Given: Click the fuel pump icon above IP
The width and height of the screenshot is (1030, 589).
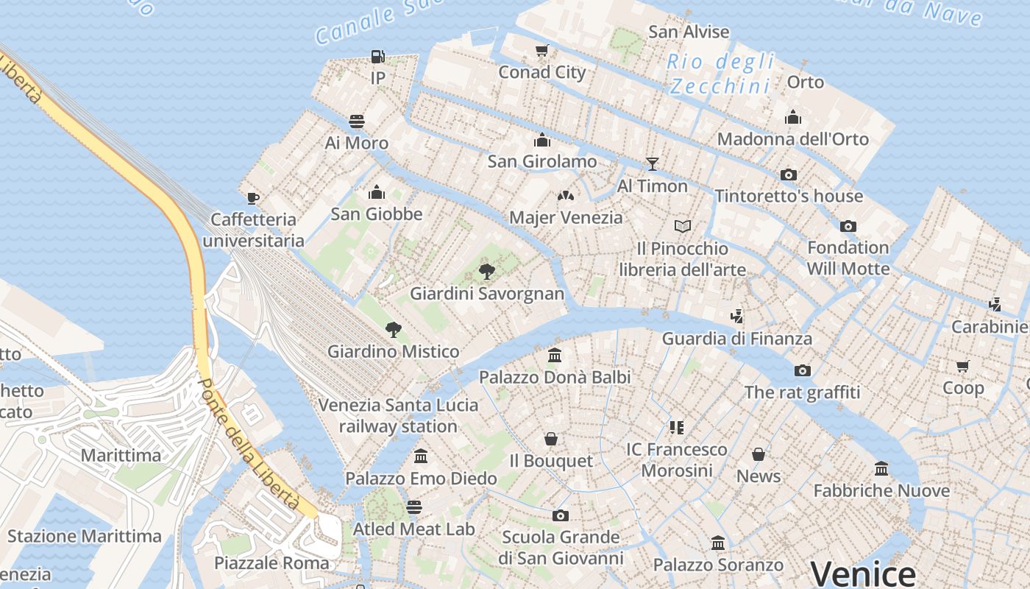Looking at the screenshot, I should pos(377,57).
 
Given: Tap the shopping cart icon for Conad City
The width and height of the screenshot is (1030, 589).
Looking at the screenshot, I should pos(542,51).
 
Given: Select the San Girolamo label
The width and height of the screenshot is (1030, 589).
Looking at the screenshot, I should pos(542,161).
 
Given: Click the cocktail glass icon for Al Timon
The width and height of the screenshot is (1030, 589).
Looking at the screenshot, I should pos(652,164).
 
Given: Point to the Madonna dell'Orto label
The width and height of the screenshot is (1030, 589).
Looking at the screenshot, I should pos(792,139).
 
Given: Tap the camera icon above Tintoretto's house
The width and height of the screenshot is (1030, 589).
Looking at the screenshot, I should pos(789,174).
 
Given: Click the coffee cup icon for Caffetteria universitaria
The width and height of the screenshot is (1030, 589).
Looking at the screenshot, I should pos(253,198).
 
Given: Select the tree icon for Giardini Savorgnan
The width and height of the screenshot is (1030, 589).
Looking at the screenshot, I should pos(486,272).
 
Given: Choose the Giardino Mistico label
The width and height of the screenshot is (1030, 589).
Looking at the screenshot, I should pos(393,351).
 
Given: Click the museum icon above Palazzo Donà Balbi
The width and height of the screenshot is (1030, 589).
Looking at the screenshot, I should pos(555,356).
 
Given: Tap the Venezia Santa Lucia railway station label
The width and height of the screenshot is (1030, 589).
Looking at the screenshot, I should pos(398,415).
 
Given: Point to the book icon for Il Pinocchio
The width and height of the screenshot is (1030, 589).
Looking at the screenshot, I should pos(683,227).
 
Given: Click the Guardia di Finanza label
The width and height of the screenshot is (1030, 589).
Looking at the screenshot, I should pos(737,339).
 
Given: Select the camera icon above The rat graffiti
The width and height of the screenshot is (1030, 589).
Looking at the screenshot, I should pos(803,370).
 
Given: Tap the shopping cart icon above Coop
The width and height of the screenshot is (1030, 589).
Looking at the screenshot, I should pos(963,366).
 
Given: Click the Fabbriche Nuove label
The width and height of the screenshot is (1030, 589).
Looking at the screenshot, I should pos(881,490).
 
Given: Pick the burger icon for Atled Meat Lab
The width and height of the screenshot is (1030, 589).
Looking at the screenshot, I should pos(414,507).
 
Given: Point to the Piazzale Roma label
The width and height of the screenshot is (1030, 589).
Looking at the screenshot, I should pos(271,563).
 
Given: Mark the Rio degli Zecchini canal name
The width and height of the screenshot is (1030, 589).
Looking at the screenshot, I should pos(721,74).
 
